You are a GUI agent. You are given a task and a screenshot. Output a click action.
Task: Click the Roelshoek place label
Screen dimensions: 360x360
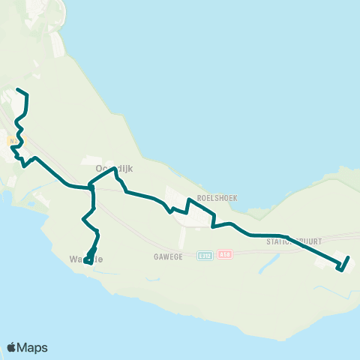pos(217,198)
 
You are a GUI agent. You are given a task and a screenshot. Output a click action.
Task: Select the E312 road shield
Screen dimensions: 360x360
pos(204,256)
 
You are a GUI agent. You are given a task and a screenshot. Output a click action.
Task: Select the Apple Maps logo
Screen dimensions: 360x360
pos(27,347)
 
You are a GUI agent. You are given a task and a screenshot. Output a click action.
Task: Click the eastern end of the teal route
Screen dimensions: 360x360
pos(349,258)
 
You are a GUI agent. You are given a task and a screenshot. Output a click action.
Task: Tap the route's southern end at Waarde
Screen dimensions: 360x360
pos(87,262)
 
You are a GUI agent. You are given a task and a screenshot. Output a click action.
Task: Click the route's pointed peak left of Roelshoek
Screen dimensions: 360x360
pos(187,200)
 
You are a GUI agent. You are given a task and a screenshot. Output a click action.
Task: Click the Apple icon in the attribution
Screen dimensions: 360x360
pos(11,347)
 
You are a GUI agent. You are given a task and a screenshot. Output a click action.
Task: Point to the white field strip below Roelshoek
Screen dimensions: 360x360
pos(182,237)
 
